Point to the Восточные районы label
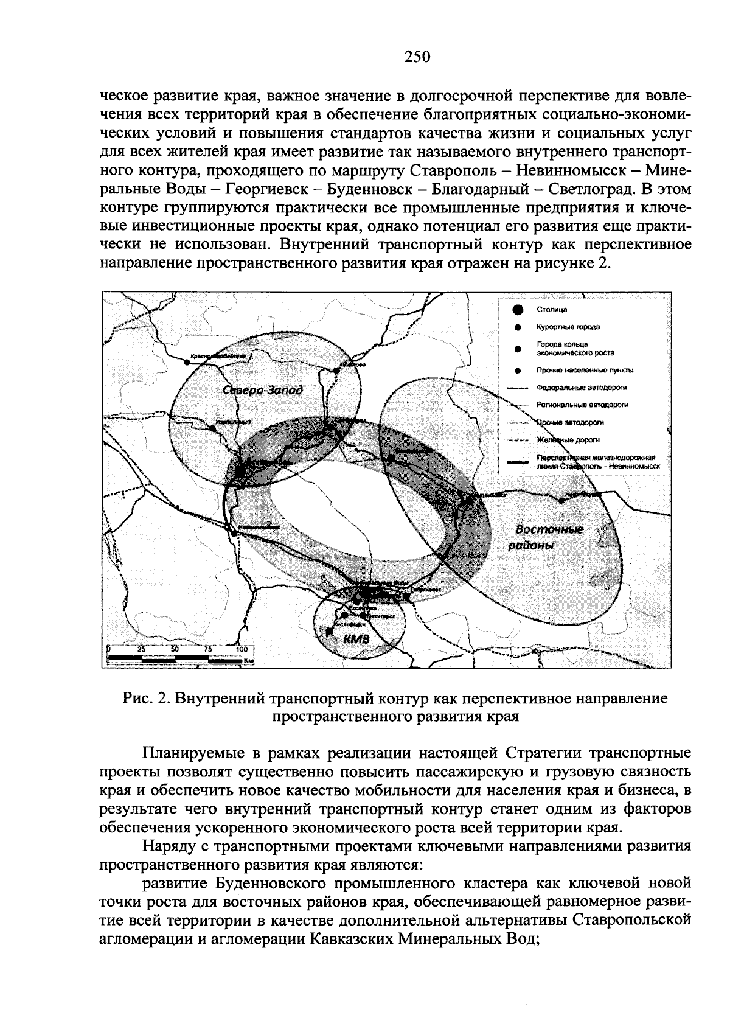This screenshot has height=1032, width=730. pos(546,537)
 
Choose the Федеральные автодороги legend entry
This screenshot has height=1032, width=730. pos(582,387)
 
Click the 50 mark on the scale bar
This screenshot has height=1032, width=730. pos(175,649)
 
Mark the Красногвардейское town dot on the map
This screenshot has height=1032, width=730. pos(187,363)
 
